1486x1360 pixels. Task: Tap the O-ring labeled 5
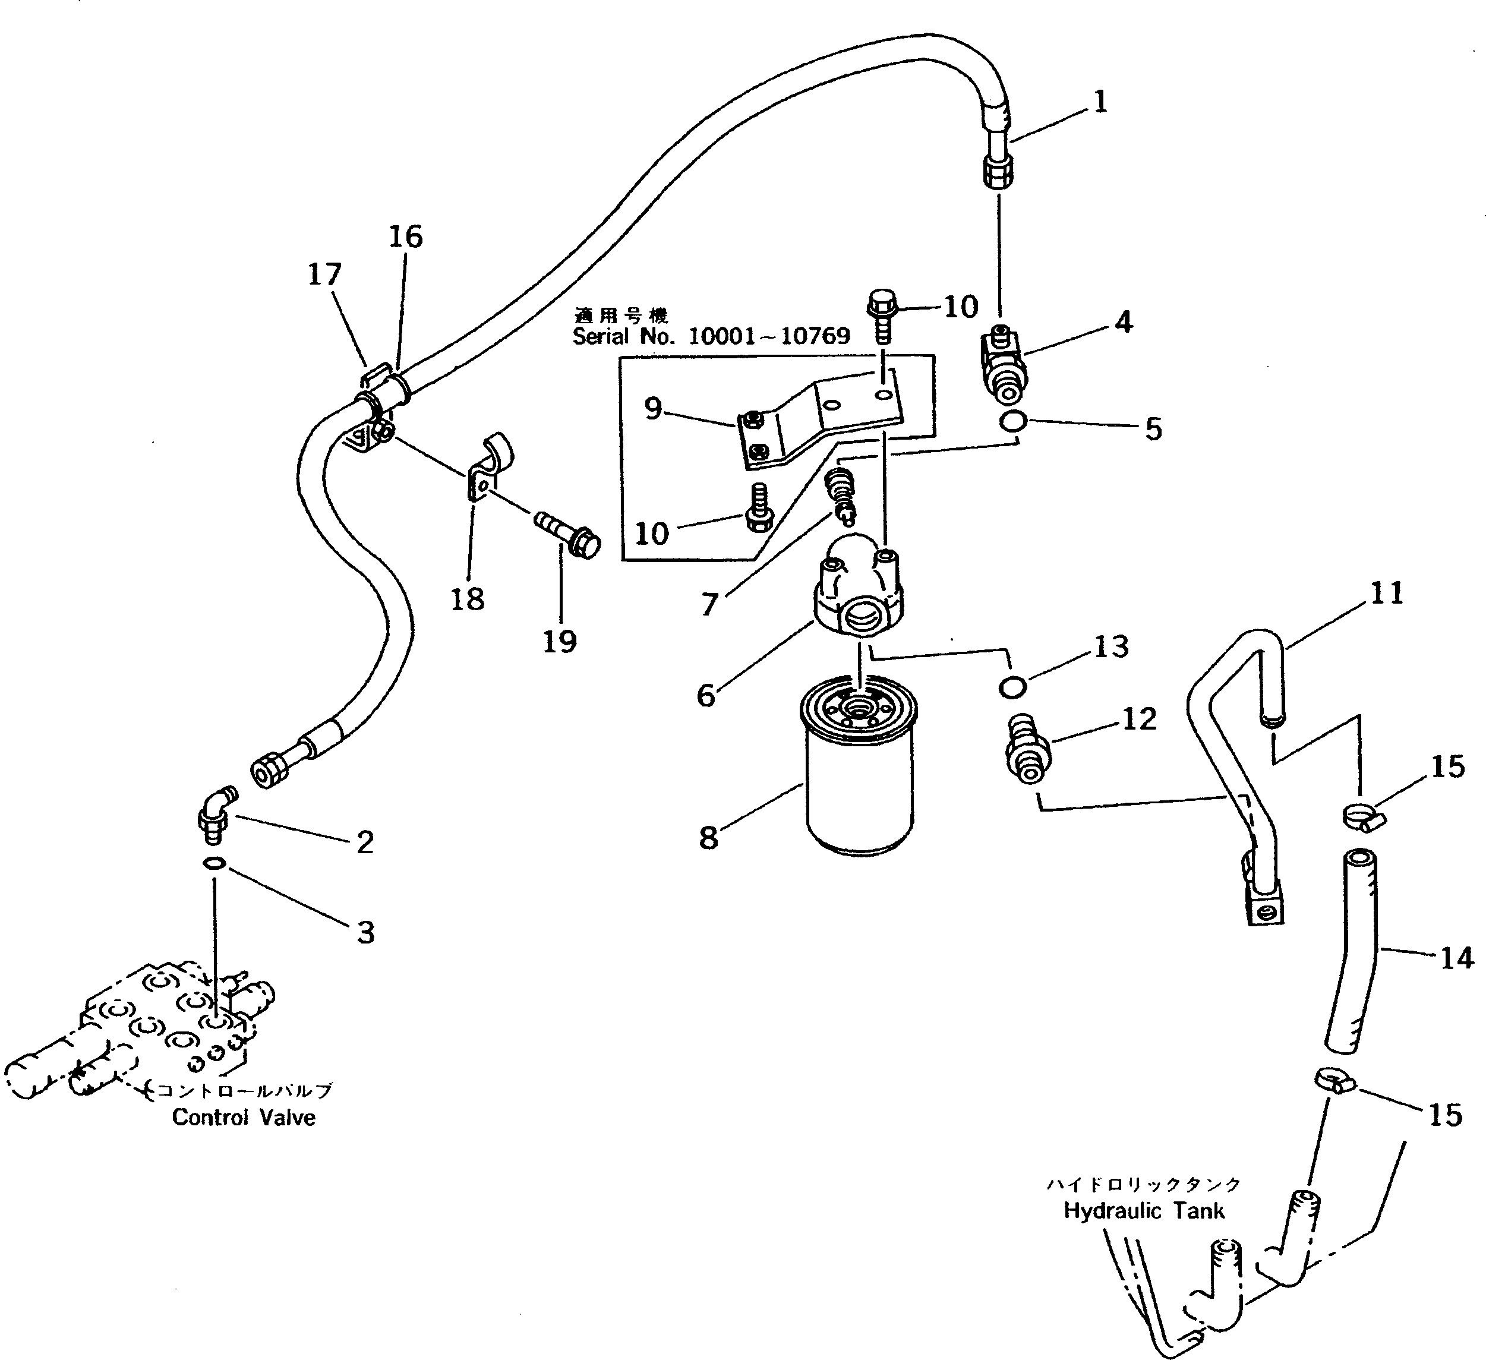click(x=1013, y=422)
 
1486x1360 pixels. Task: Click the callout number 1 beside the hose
click(x=1100, y=102)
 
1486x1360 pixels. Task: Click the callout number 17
click(x=325, y=275)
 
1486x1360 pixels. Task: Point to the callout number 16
click(x=405, y=237)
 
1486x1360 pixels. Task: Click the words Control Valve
click(x=244, y=1118)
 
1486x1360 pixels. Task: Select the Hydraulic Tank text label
click(x=1143, y=1210)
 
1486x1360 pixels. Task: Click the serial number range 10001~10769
click(x=768, y=337)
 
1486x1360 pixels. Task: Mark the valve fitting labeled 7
click(x=841, y=494)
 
